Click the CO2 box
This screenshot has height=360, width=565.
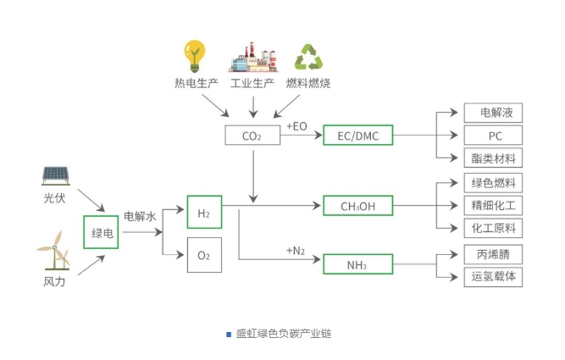[x=252, y=136]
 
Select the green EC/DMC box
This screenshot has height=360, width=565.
[x=357, y=136]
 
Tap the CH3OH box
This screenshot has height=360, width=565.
[x=357, y=206]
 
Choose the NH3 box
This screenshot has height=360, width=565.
[x=357, y=264]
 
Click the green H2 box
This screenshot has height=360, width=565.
[x=203, y=212]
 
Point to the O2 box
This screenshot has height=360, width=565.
[x=203, y=255]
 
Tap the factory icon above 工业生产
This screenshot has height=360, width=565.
[x=252, y=58]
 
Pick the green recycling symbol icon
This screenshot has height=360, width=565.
[x=308, y=58]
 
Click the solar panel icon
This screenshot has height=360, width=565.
[x=56, y=174]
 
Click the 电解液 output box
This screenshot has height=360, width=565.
[x=493, y=113]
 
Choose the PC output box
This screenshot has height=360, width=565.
[x=493, y=136]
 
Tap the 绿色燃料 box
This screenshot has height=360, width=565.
[x=493, y=183]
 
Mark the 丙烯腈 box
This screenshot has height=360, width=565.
[x=493, y=253]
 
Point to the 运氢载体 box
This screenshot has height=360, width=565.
[x=493, y=276]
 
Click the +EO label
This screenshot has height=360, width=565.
[x=296, y=126]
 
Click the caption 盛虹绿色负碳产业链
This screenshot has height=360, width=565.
[x=282, y=333]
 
